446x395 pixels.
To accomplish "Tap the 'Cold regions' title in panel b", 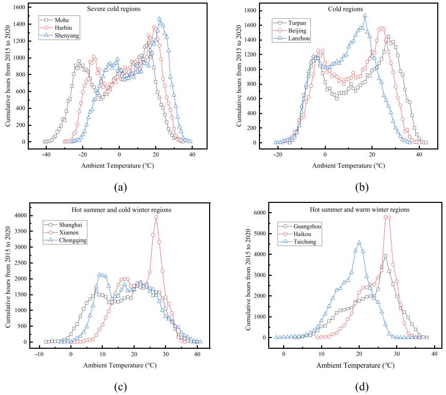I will (345, 9).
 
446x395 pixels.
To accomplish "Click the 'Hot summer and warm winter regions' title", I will (345, 210).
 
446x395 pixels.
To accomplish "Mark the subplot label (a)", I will (120, 186).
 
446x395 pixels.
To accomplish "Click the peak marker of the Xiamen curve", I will (156, 217).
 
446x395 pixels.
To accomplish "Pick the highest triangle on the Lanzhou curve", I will (365, 15).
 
